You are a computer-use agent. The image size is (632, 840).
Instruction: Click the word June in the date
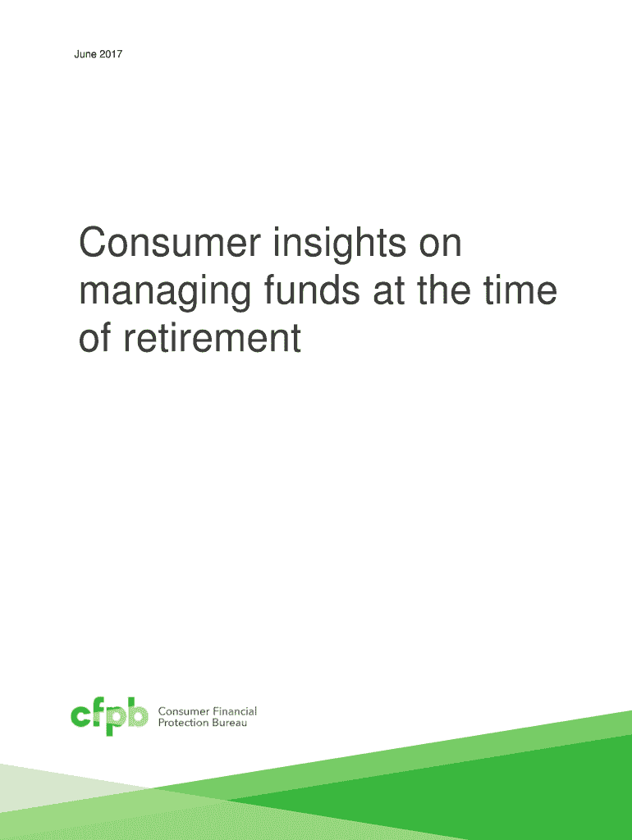85,54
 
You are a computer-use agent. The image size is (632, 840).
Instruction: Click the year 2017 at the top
111,54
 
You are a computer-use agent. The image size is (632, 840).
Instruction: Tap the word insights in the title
340,244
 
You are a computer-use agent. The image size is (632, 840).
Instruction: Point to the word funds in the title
312,290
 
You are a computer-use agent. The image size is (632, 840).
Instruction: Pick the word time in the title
520,290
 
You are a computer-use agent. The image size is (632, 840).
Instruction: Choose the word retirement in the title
213,338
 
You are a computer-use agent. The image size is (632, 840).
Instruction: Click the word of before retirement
95,338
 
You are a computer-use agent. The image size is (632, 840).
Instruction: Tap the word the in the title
444,290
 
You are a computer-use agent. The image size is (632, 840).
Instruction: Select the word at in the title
388,291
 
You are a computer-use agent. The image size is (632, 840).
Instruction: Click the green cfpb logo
109,716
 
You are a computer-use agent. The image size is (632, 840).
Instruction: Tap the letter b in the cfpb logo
138,713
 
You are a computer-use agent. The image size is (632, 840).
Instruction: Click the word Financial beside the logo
235,711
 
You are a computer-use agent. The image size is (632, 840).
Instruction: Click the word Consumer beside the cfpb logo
184,711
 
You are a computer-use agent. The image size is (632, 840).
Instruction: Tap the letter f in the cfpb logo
98,713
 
